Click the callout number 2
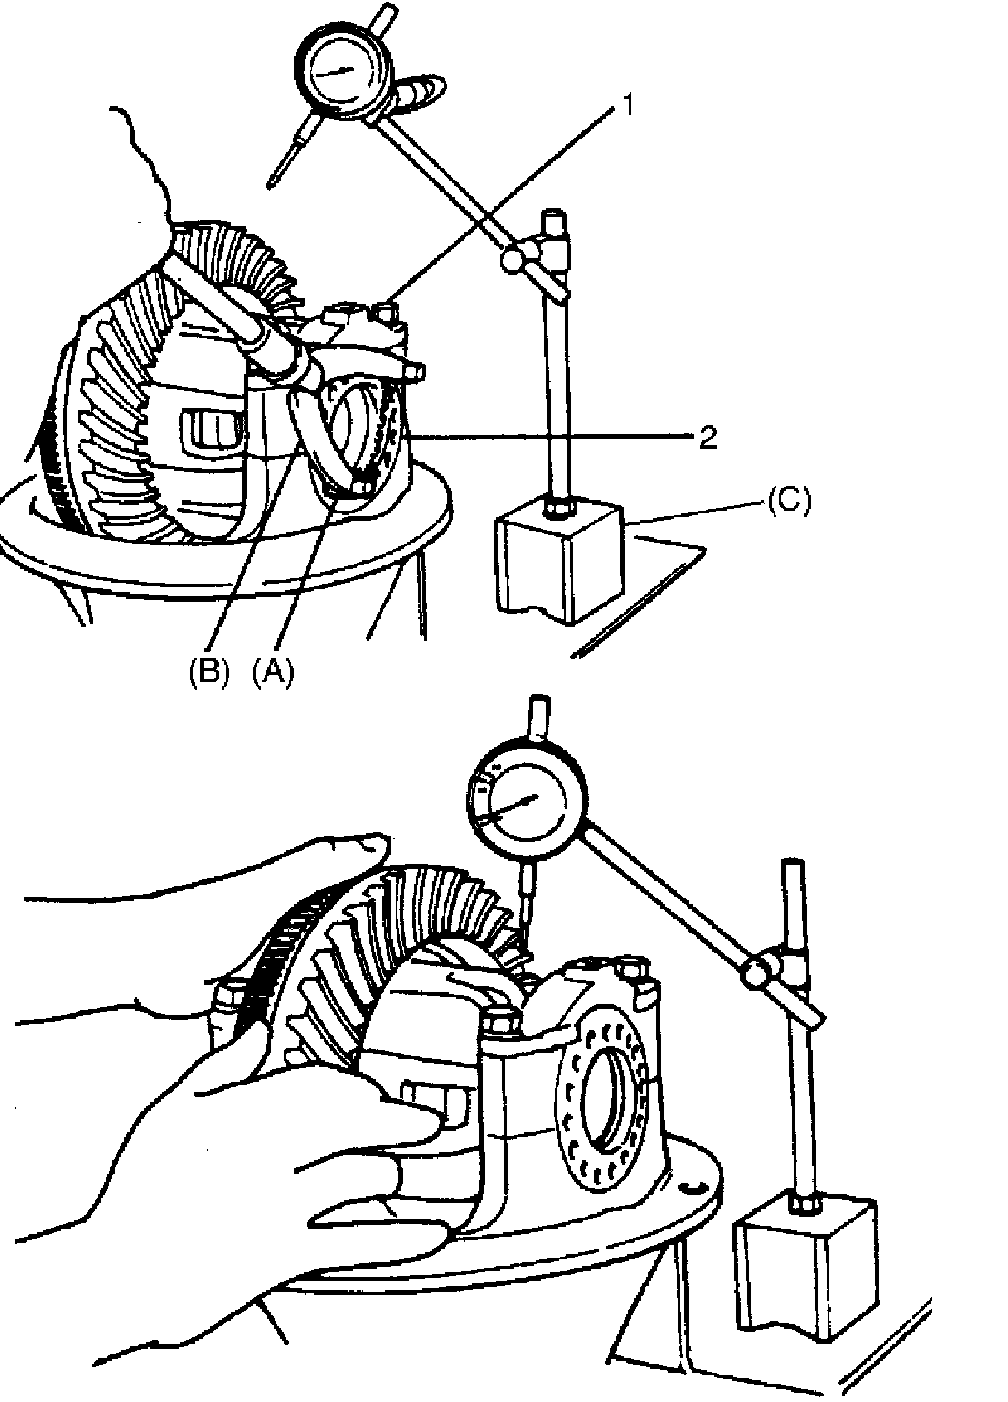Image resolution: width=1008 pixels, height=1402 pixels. tap(708, 437)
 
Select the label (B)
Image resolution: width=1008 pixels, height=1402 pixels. tap(210, 673)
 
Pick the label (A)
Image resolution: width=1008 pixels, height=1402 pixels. tap(273, 673)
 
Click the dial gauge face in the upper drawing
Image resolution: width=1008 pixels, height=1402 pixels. tap(341, 73)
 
